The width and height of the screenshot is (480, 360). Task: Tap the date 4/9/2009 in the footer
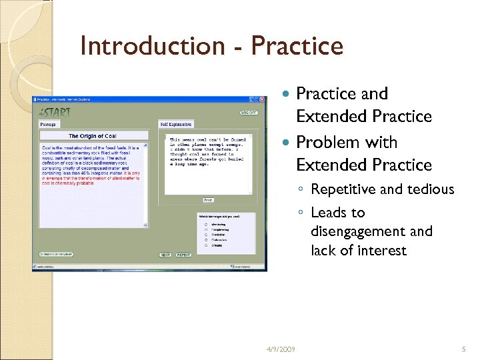tap(280, 349)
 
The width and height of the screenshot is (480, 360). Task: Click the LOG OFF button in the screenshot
tap(249, 113)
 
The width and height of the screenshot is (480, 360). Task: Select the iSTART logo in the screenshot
tap(55, 112)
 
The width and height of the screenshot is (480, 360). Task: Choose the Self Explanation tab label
tap(177, 124)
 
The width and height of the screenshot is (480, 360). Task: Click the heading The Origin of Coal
tap(93, 136)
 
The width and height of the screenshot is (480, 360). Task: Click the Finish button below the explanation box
tap(209, 199)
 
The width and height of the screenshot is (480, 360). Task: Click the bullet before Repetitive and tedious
tap(302, 190)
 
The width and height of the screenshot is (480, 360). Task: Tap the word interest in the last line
tap(382, 251)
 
